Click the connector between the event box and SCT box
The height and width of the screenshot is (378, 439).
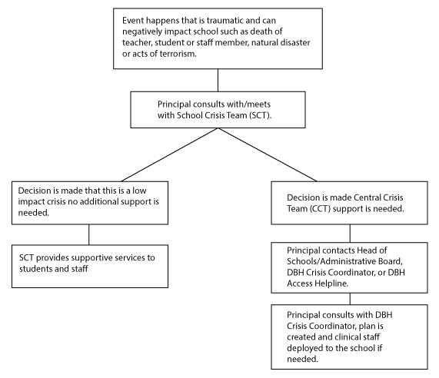[x=218, y=80]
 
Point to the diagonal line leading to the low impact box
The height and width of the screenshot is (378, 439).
[x=169, y=154]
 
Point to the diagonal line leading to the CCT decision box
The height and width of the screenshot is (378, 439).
[x=268, y=154]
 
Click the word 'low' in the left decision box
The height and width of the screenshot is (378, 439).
[x=139, y=191]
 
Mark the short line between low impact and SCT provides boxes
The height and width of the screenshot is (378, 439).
[x=89, y=235]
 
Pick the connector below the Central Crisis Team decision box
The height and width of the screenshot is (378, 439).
[x=350, y=234]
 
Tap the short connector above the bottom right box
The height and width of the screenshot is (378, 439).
[x=350, y=299]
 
